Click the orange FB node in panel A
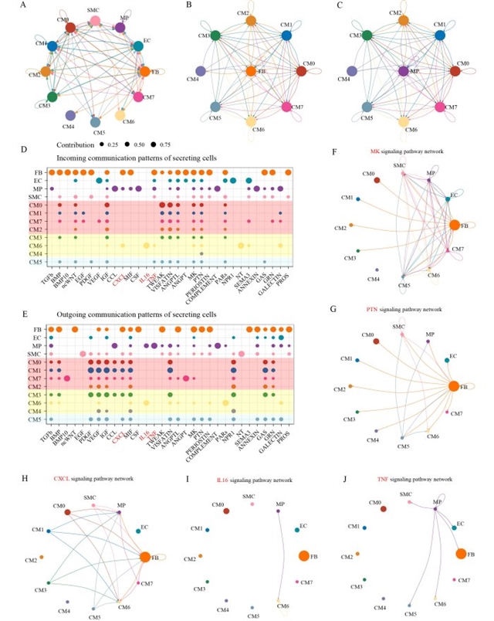pos(144,72)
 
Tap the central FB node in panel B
pos(249,71)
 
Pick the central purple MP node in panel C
pos(403,71)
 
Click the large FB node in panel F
pos(453,225)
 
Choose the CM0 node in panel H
pos(67,512)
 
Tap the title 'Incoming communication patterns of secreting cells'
pos(137,158)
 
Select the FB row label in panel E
pos(38,329)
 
